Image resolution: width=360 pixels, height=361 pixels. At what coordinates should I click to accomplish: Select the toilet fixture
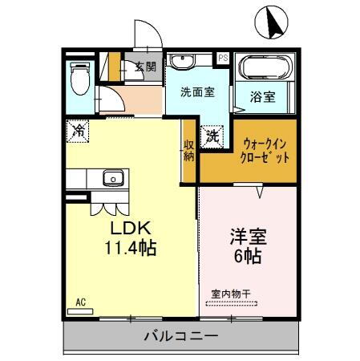pyautogui.click(x=79, y=79)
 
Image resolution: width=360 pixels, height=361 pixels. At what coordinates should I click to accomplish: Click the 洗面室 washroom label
pyautogui.click(x=196, y=92)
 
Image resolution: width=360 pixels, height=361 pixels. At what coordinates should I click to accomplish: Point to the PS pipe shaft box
pyautogui.click(x=223, y=58)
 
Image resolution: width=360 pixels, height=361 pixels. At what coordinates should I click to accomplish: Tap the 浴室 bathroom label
pyautogui.click(x=262, y=97)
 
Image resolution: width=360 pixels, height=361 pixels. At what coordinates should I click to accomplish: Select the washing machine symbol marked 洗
pyautogui.click(x=213, y=136)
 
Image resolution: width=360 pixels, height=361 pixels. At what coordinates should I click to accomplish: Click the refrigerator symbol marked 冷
pyautogui.click(x=79, y=128)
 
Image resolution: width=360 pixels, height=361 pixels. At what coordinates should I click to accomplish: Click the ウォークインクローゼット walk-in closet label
pyautogui.click(x=265, y=150)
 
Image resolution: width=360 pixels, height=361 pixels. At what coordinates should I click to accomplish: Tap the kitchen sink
pyautogui.click(x=112, y=177)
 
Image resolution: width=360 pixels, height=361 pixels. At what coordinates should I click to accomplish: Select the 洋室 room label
pyautogui.click(x=248, y=238)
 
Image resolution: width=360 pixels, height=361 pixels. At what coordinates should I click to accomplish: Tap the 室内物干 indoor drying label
pyautogui.click(x=231, y=294)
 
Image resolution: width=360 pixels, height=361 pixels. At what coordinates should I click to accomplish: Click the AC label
pyautogui.click(x=80, y=302)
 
